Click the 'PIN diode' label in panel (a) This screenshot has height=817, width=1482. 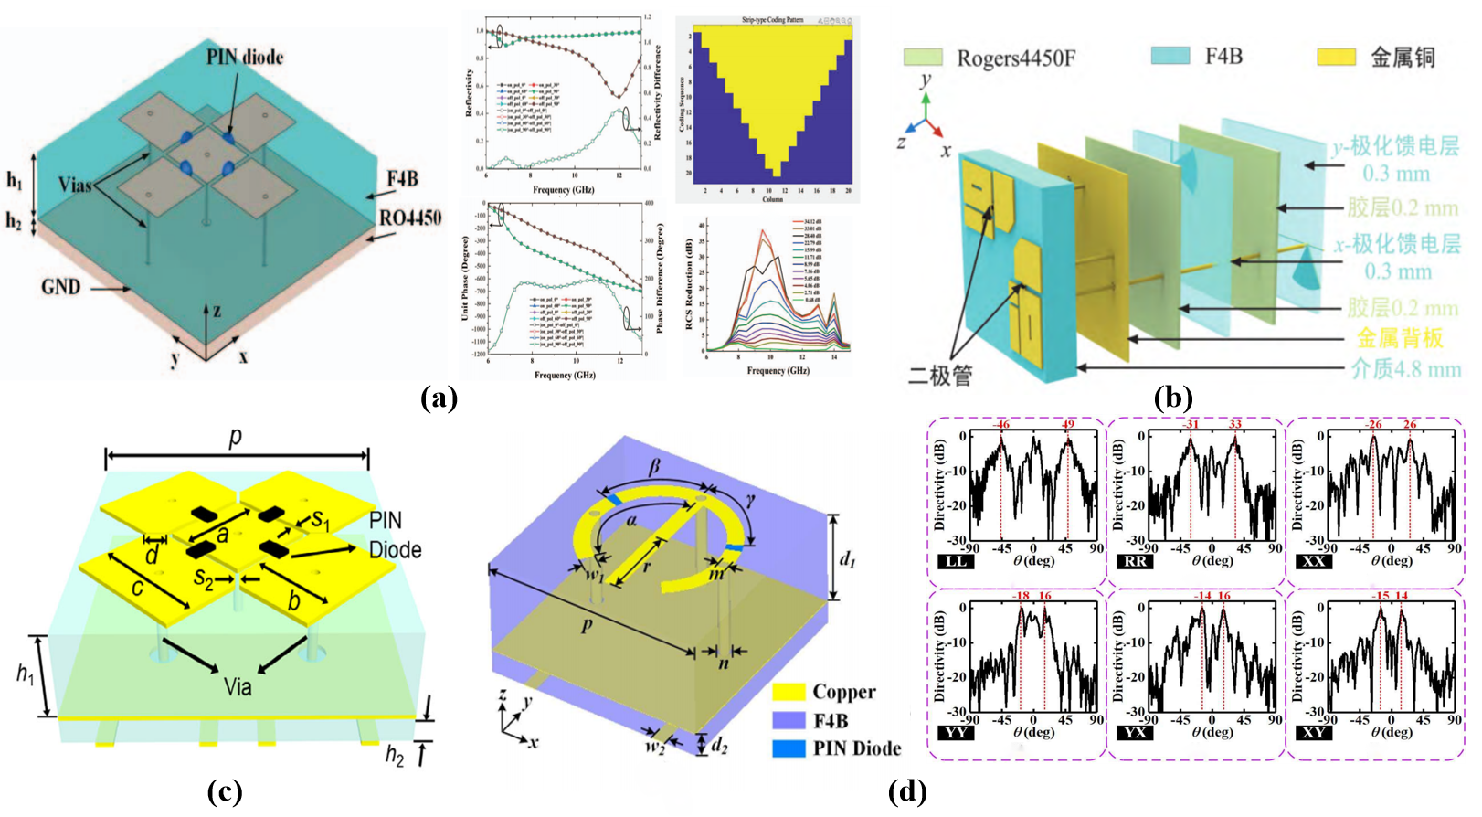pyautogui.click(x=244, y=58)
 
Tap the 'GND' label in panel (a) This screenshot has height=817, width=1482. pyautogui.click(x=60, y=287)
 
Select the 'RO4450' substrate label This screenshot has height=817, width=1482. pyautogui.click(x=410, y=218)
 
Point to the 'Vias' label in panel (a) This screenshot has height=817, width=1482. pyautogui.click(x=76, y=186)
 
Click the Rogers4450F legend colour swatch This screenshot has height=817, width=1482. pyautogui.click(x=923, y=58)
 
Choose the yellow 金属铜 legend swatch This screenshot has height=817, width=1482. pyautogui.click(x=1335, y=58)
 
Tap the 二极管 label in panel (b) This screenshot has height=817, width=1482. pyautogui.click(x=940, y=375)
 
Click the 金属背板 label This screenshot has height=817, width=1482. pyautogui.click(x=1399, y=338)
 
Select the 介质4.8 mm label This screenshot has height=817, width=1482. pyautogui.click(x=1405, y=369)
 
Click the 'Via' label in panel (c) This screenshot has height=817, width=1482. pyautogui.click(x=238, y=685)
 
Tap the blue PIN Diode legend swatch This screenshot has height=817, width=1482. pyautogui.click(x=789, y=748)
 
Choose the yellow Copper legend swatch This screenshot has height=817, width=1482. pyautogui.click(x=789, y=692)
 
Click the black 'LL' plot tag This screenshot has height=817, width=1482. pyautogui.click(x=956, y=561)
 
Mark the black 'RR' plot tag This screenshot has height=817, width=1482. pyautogui.click(x=1135, y=561)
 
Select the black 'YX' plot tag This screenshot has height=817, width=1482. pyautogui.click(x=1135, y=732)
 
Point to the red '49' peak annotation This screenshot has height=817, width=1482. pyautogui.click(x=1068, y=424)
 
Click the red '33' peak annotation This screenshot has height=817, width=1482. pyautogui.click(x=1235, y=424)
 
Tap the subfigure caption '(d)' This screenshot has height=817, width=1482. pyautogui.click(x=906, y=791)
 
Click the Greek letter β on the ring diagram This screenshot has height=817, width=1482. pyautogui.click(x=654, y=467)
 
